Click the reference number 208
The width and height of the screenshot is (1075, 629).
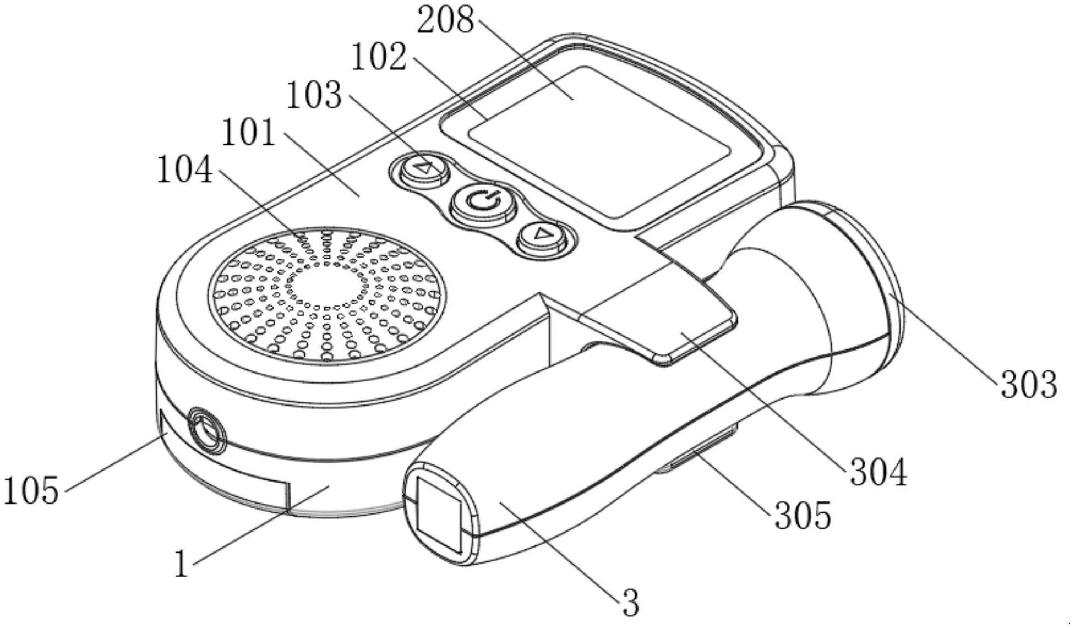(445, 21)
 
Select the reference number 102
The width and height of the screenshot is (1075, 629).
(379, 57)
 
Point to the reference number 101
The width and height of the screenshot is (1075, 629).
(248, 133)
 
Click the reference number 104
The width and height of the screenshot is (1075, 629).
(185, 170)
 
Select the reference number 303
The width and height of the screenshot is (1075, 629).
(1028, 384)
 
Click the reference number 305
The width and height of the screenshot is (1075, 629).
(803, 516)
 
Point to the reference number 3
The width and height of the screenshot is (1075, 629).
(631, 603)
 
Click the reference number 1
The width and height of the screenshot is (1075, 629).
(182, 564)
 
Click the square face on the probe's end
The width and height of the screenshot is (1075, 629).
(439, 514)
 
